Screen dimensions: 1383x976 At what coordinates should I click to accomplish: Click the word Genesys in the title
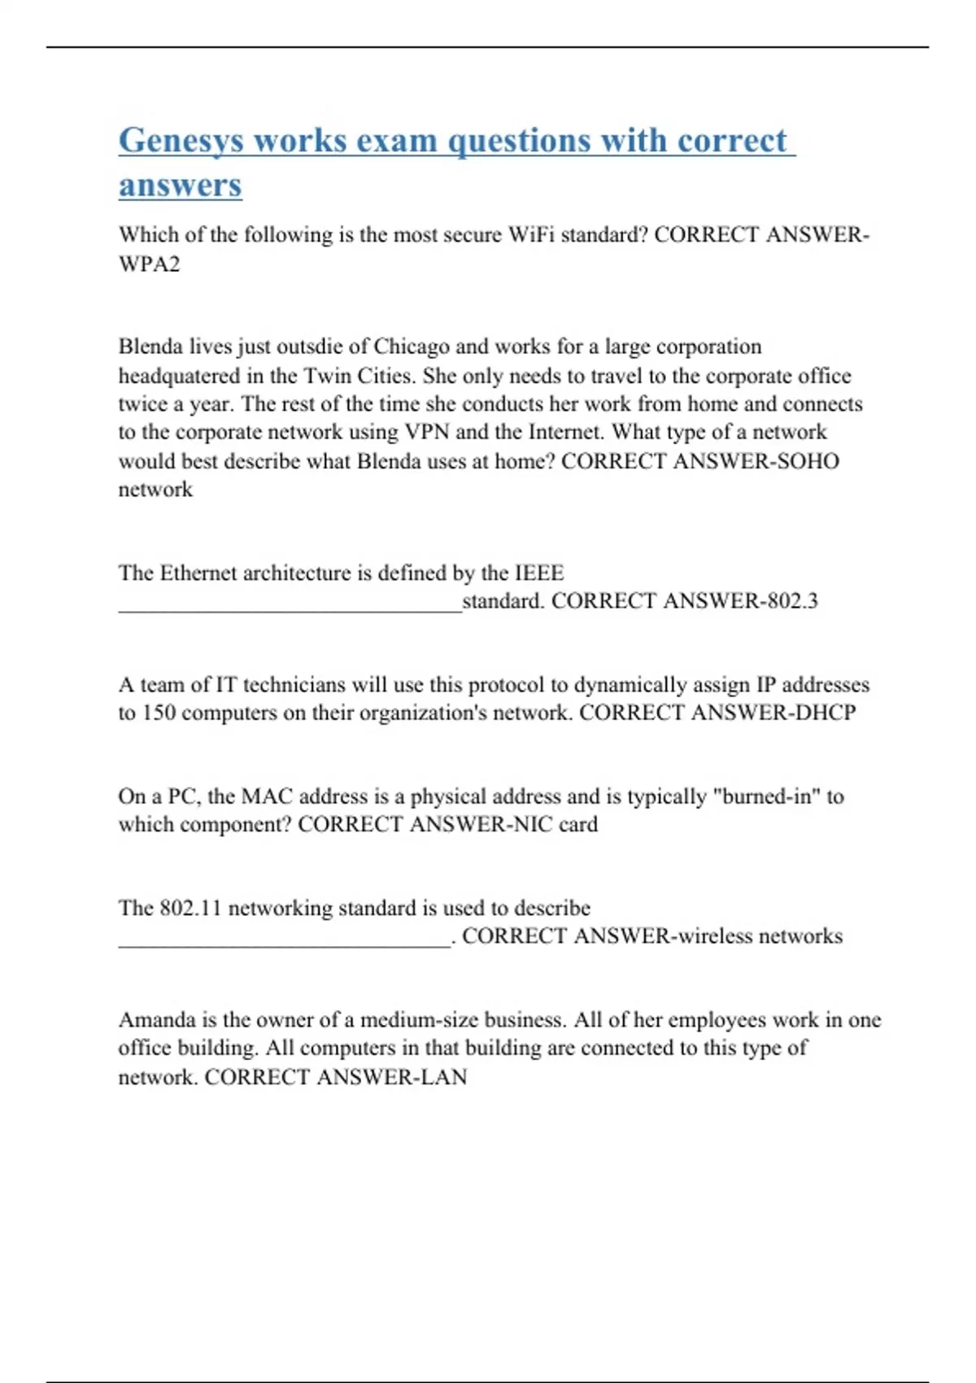(181, 142)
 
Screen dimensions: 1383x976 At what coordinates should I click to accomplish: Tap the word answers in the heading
(180, 185)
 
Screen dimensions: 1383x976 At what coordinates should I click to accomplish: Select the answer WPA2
(149, 264)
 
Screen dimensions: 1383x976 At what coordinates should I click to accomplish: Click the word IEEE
(538, 573)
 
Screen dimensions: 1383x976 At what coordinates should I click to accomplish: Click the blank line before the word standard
(290, 605)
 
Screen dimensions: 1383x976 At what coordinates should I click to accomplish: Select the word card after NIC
(578, 825)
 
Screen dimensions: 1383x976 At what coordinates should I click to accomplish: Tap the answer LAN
(443, 1077)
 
